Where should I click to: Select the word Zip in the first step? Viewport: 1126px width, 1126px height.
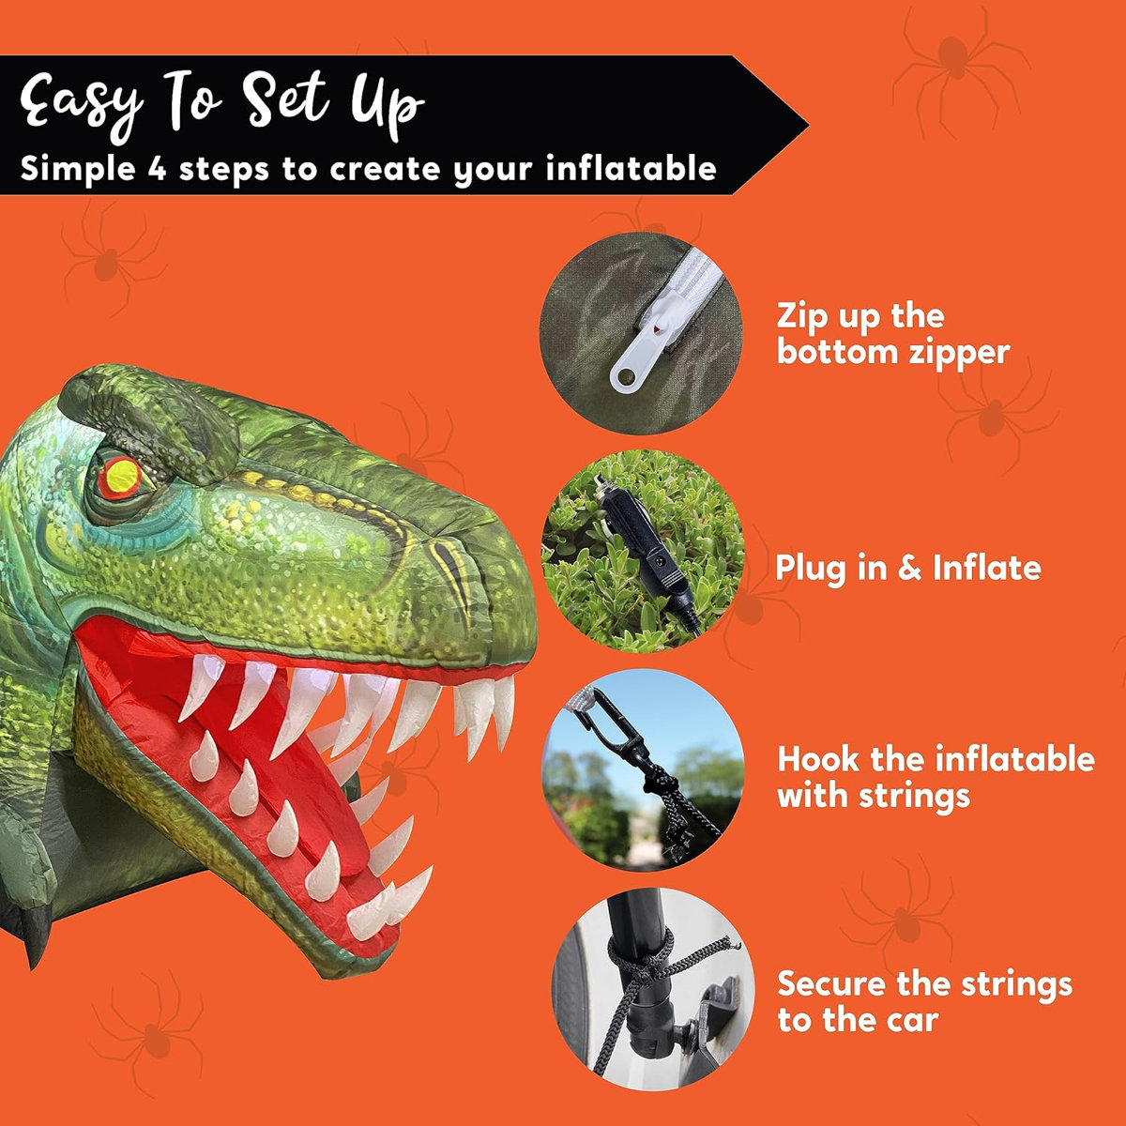pos(803,316)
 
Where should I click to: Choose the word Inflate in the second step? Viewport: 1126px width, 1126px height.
pos(986,568)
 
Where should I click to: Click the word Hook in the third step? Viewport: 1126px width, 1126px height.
pos(818,758)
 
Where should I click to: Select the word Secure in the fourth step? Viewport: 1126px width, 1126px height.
pos(831,984)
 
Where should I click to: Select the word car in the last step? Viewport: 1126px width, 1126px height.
pos(910,1020)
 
